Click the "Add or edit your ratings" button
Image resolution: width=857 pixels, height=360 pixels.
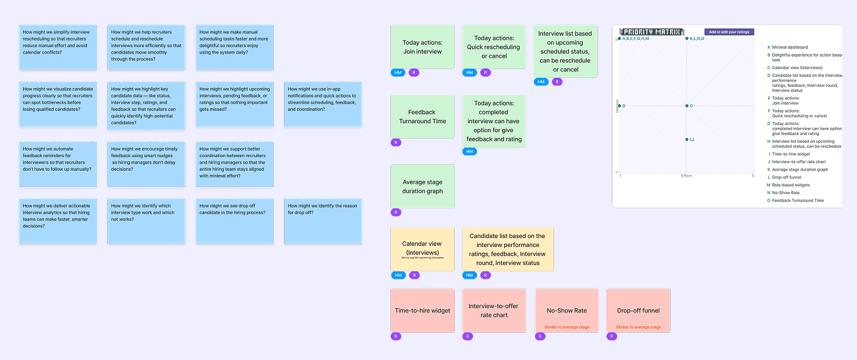pos(729,32)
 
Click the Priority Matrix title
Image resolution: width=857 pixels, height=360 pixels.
pos(652,32)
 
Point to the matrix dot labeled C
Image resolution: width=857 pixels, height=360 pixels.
pos(686,106)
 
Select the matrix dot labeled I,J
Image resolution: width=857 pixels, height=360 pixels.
pos(686,139)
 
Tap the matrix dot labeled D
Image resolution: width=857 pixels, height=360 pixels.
pos(620,106)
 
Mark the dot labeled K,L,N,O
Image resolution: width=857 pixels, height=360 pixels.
pos(686,39)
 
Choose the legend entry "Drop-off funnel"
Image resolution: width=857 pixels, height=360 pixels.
pos(786,177)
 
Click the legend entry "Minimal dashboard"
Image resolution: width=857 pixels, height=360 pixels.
pos(790,47)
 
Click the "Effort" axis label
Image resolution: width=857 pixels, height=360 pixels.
pos(686,176)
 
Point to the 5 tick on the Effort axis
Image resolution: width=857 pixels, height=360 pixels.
pos(752,176)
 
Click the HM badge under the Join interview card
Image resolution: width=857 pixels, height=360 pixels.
pos(398,73)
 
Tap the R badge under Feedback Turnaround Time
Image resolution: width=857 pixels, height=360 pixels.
pos(396,143)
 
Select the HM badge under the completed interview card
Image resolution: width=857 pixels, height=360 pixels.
pos(470,152)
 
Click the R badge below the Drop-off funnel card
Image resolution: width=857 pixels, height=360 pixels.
pos(612,337)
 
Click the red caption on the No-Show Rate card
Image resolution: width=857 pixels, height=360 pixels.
pos(567,327)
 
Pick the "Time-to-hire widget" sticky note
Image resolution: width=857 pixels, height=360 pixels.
pos(423,310)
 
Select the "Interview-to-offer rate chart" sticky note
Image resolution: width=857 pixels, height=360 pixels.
pos(494,310)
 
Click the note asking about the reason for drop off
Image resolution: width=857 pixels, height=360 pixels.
pos(323,220)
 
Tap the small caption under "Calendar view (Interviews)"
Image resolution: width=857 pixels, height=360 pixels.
pos(422,258)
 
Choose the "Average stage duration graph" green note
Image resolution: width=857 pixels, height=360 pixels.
pos(423,186)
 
